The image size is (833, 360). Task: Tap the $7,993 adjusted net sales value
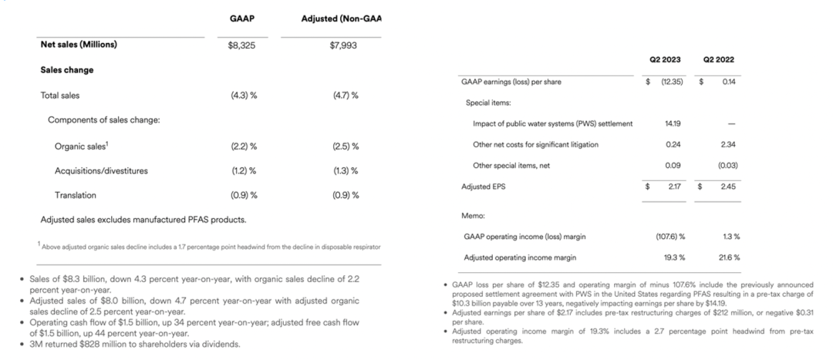click(x=342, y=45)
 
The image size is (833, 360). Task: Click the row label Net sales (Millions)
click(x=79, y=45)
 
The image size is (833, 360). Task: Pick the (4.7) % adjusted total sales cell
click(x=343, y=96)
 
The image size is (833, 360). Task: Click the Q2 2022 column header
click(x=719, y=60)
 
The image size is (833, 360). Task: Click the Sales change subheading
click(x=66, y=70)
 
